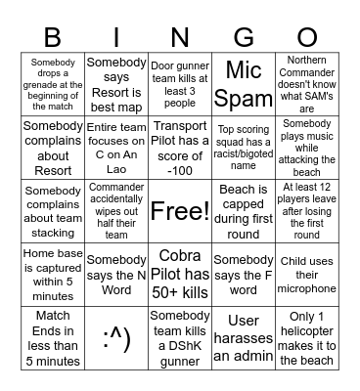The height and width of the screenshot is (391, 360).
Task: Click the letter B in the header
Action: point(52,37)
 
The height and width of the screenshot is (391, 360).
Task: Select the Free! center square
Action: point(180,210)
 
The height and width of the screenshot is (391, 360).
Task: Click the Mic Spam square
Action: point(244,84)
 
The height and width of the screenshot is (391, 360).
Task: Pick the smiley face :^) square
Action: point(116,337)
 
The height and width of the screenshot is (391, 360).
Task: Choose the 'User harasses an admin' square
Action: point(244,337)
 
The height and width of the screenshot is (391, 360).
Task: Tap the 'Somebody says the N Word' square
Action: point(116,274)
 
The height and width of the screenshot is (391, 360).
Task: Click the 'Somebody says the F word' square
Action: point(244,274)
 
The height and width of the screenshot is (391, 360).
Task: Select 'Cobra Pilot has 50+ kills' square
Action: point(180,274)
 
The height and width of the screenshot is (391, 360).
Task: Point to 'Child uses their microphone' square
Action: point(307,274)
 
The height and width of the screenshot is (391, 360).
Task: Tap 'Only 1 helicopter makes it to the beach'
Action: point(307,337)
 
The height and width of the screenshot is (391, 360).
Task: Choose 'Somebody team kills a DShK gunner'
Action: point(180,337)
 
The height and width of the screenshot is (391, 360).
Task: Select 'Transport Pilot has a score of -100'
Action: point(180,147)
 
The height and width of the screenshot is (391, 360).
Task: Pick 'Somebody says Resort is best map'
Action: point(116,84)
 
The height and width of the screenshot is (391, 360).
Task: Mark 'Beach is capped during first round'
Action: point(244,210)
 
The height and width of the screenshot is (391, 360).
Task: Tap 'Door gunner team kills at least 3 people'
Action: point(180,84)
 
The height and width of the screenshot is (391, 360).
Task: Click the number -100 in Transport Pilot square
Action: point(180,170)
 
